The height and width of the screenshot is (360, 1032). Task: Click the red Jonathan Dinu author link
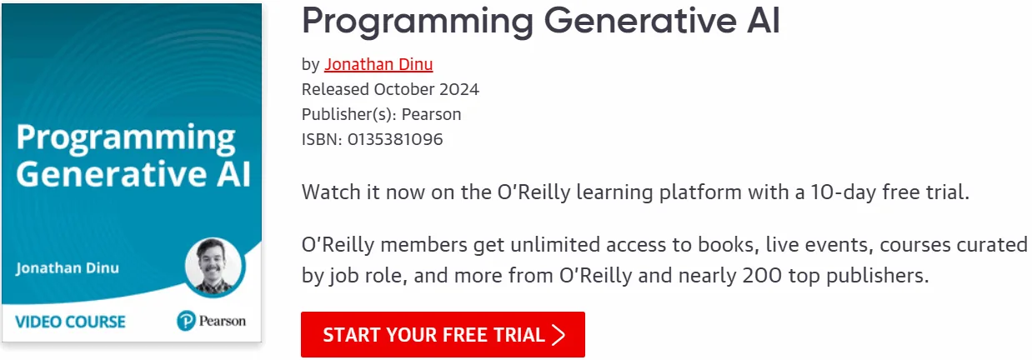click(378, 64)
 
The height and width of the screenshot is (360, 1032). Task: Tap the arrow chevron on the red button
click(559, 335)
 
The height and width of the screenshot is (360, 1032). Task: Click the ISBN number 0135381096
click(395, 139)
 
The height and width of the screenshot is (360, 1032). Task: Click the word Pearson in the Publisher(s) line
click(431, 114)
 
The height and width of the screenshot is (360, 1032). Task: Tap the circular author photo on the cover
click(213, 266)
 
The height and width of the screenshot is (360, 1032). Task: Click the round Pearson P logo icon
click(186, 321)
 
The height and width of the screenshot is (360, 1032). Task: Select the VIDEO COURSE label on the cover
click(70, 322)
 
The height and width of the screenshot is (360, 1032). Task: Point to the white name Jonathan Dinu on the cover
click(68, 268)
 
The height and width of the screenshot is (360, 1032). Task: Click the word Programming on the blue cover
click(126, 138)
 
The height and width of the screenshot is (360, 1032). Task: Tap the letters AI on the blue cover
click(233, 174)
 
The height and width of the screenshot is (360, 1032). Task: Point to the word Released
click(335, 89)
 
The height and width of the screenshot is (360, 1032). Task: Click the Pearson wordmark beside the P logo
click(222, 321)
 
